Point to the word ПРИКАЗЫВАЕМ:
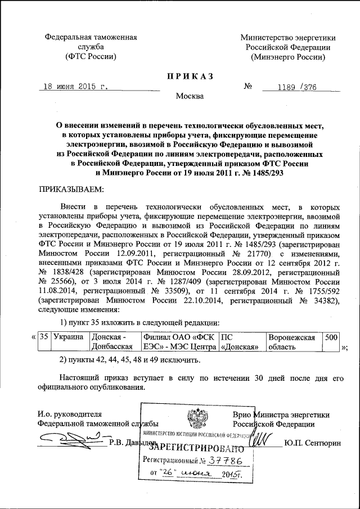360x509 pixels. (x=70, y=189)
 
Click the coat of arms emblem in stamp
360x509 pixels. (x=196, y=419)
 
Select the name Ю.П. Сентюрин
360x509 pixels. (x=313, y=443)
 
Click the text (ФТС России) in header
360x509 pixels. (x=91, y=57)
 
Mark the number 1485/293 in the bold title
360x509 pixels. (x=263, y=173)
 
